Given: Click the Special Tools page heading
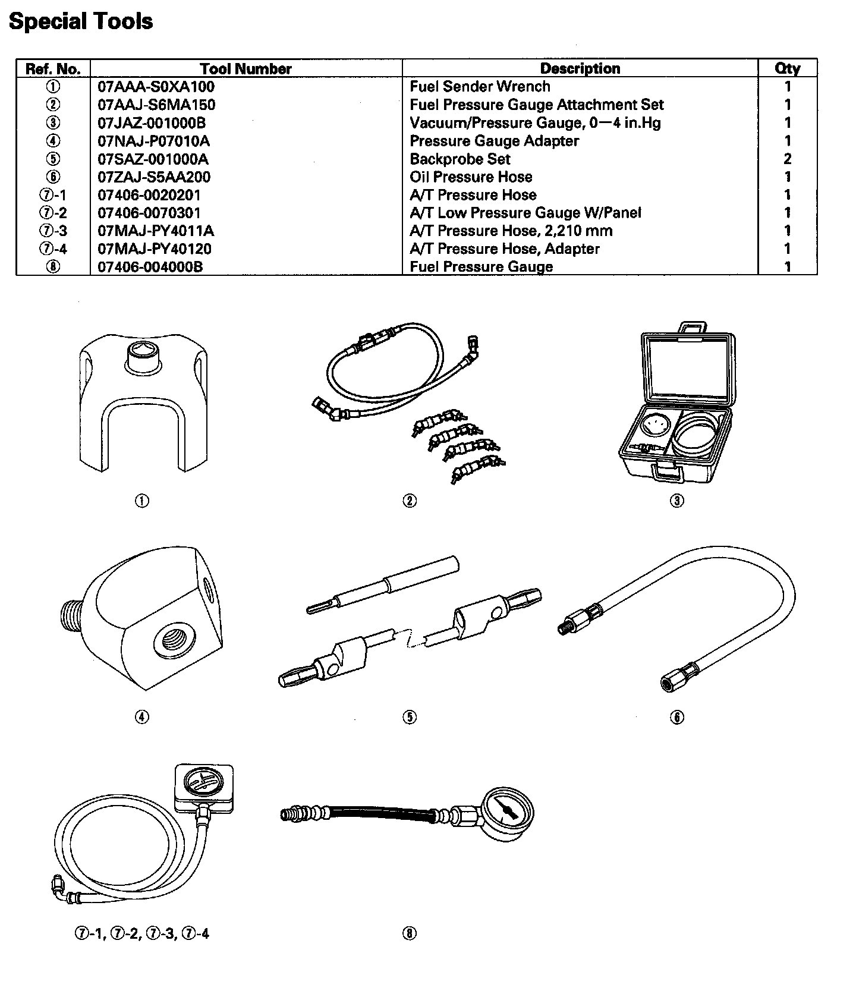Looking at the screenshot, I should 81,22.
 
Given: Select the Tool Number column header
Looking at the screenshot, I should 246,69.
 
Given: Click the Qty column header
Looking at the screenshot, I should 787,69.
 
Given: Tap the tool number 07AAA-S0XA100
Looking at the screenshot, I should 156,87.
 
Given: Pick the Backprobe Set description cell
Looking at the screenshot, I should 460,159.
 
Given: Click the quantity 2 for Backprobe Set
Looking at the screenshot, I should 788,159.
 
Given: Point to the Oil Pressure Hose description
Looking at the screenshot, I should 471,177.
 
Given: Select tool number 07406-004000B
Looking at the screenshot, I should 150,267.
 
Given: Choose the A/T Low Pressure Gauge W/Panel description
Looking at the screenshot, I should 525,213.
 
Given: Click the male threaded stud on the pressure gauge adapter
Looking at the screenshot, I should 71,614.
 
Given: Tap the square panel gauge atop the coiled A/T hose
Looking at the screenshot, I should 204,786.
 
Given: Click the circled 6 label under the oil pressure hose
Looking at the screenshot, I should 677,718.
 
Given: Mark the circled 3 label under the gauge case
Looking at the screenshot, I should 677,501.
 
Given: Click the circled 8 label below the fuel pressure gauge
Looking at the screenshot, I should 410,934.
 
